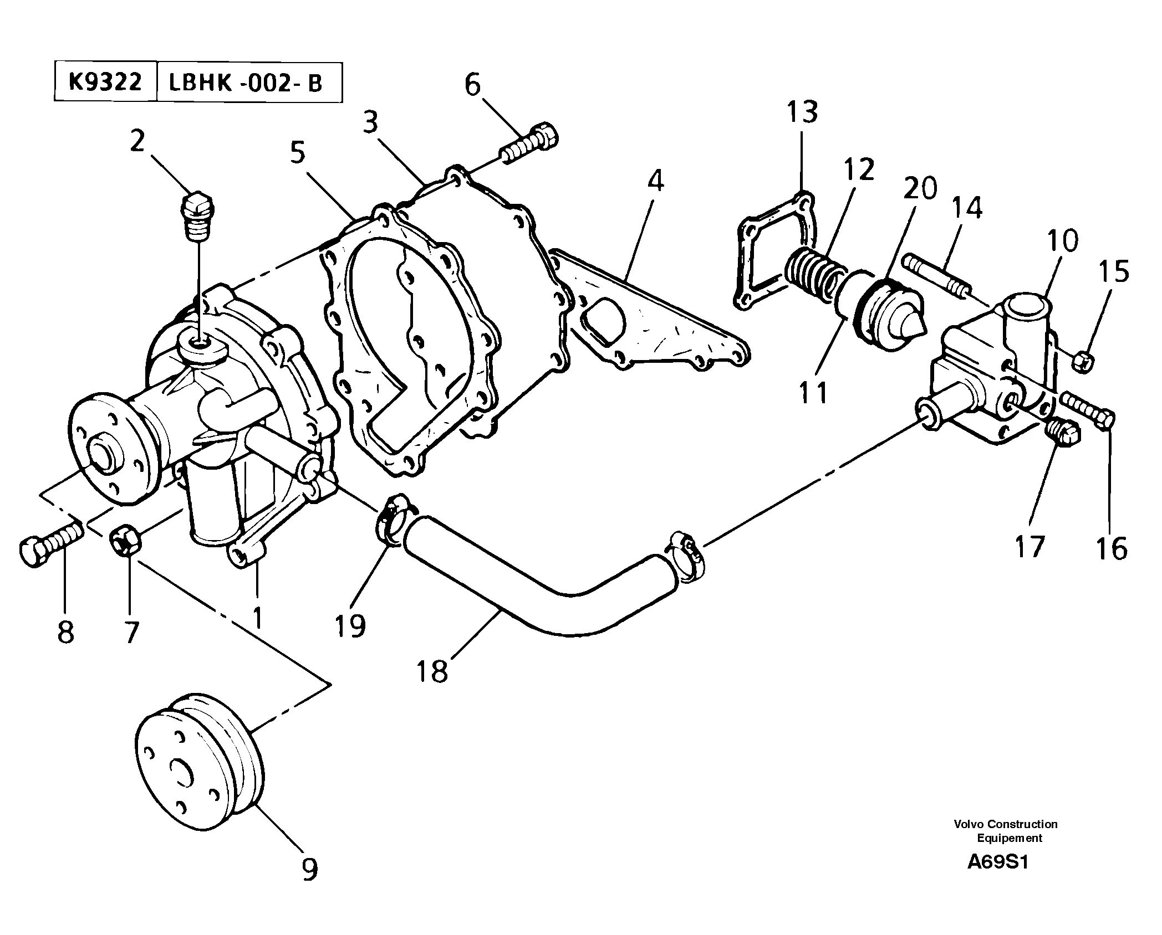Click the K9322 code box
point(105,83)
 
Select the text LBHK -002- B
point(245,83)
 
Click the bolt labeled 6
point(531,143)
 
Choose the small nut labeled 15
point(1084,362)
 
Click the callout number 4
point(655,181)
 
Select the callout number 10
point(1062,240)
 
